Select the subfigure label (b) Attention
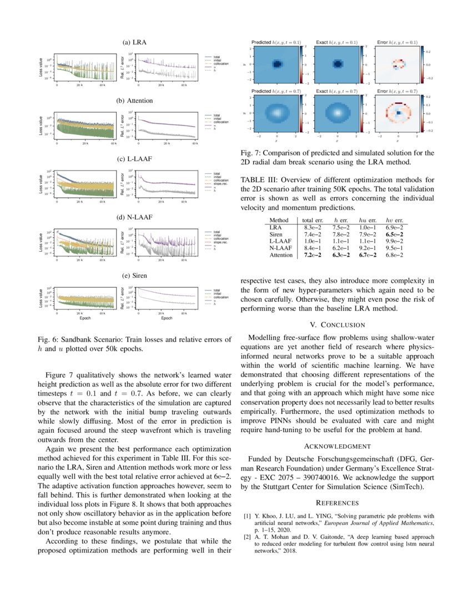click(x=134, y=101)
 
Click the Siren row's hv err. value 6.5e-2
click(x=393, y=234)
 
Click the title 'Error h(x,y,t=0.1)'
click(x=397, y=42)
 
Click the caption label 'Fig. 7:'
click(x=251, y=153)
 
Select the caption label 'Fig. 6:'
click(x=48, y=339)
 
